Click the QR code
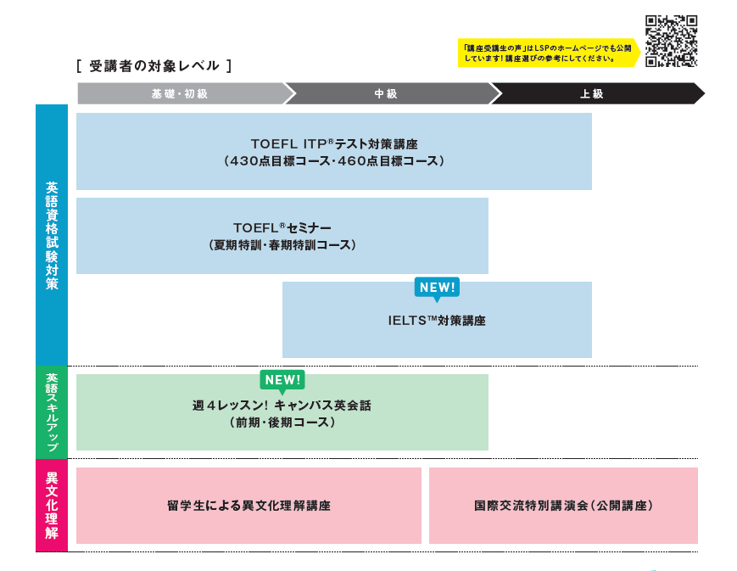click(671, 41)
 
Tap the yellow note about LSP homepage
click(548, 53)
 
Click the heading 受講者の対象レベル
click(154, 65)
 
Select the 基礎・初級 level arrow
click(180, 93)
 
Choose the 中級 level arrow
click(386, 93)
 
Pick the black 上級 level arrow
click(592, 93)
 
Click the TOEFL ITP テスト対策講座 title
click(334, 143)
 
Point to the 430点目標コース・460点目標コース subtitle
click(334, 160)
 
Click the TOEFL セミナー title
click(282, 227)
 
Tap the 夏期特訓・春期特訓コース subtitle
click(282, 244)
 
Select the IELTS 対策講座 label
click(437, 321)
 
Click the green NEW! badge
click(282, 380)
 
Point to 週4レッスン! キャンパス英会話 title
click(282, 406)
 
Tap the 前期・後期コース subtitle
click(282, 422)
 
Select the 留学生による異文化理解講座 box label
click(248, 506)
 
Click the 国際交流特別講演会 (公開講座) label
click(563, 506)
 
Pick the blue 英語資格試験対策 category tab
click(52, 235)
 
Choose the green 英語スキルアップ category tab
click(52, 412)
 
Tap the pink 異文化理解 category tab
click(52, 506)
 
